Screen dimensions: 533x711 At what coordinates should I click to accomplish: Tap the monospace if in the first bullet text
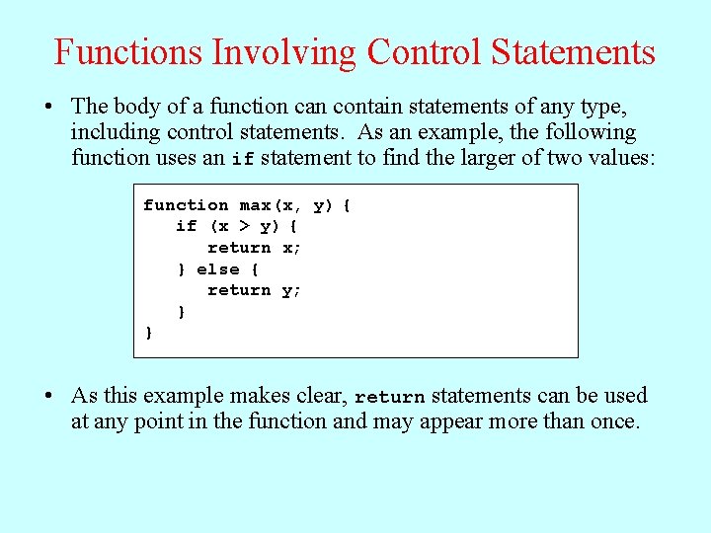tap(243, 160)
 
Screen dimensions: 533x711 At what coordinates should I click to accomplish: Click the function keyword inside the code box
tap(186, 205)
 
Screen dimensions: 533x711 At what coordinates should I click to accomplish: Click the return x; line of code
tap(254, 248)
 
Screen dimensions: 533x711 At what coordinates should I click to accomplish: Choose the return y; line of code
tap(254, 290)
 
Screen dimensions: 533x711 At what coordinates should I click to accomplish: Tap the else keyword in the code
tap(217, 269)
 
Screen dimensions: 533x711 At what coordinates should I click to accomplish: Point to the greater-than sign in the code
tap(244, 227)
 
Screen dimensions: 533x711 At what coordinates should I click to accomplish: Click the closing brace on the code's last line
tap(149, 334)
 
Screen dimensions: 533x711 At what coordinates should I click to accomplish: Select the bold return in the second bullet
tap(389, 398)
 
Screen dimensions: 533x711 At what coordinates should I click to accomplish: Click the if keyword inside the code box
tap(186, 227)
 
